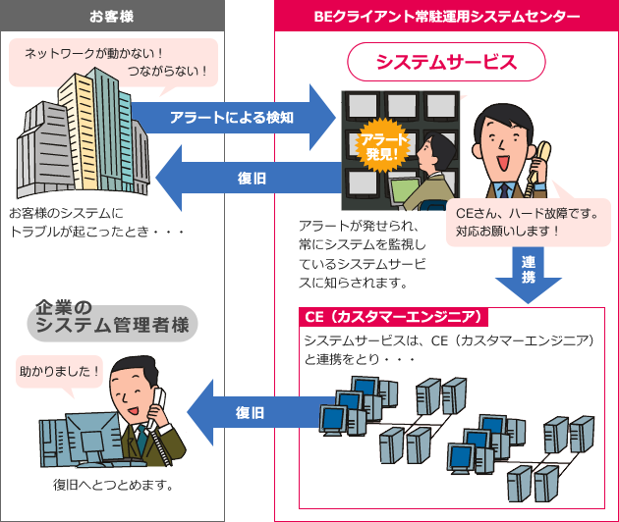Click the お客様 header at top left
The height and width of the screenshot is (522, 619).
(112, 17)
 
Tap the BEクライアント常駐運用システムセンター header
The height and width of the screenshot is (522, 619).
(446, 17)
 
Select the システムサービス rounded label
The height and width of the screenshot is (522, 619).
(446, 63)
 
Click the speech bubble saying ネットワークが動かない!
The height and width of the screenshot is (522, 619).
(113, 61)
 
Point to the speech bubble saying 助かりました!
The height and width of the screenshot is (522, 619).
(60, 373)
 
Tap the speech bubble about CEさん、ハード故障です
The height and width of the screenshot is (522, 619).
(526, 222)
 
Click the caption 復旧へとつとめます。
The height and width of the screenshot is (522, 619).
(114, 485)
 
